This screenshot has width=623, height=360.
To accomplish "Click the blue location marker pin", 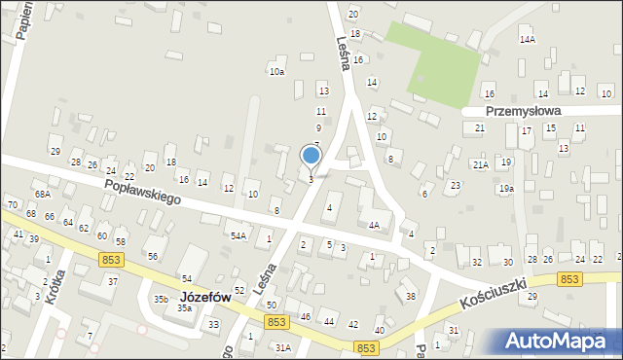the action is coord(311,156).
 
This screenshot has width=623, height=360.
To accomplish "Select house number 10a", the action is coord(277,72).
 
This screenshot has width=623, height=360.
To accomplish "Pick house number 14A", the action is coord(528,40).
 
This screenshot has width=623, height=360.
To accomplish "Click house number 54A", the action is coord(238,235).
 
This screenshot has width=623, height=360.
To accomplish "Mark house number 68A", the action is coord(43,196).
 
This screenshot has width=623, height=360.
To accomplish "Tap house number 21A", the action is coord(481,165).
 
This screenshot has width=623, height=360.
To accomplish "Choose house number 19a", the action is coord(506,189).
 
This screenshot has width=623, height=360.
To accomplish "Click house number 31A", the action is coord(283,347).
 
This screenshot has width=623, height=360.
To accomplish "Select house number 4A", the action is coord(374,225).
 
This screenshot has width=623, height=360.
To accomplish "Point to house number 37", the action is coord(113,281).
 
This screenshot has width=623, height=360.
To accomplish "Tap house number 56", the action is coord(153,256).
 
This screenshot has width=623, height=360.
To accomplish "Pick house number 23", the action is coord(455,185).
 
